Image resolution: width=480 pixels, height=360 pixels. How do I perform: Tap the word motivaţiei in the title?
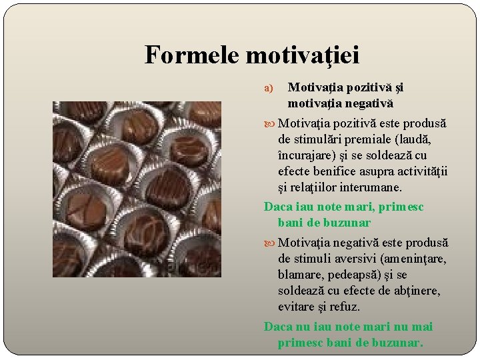click(303, 55)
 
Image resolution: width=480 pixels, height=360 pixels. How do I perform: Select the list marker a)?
click(269, 88)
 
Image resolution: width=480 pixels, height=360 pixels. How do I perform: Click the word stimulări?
click(319, 140)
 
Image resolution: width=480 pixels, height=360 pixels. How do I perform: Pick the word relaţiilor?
click(315, 188)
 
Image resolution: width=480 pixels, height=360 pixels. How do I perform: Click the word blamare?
click(299, 275)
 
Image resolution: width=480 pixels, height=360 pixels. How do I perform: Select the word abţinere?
click(417, 291)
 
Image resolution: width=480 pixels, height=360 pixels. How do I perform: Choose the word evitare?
click(299, 307)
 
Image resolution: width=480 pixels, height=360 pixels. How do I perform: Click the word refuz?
click(345, 307)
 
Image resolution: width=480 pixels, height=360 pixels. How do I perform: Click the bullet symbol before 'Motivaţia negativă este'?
click(270, 243)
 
